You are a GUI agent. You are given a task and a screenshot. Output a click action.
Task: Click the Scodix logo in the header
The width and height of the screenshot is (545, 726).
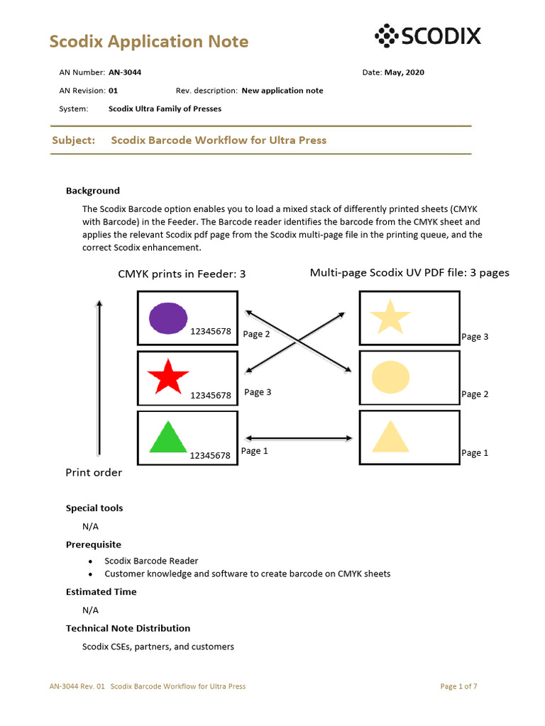(x=427, y=36)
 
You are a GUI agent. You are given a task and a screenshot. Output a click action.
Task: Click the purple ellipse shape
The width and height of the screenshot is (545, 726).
(x=168, y=318)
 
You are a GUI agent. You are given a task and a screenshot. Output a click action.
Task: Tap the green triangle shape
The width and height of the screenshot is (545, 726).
(x=167, y=438)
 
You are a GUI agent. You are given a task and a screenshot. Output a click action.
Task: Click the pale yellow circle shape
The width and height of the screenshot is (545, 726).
(x=390, y=377)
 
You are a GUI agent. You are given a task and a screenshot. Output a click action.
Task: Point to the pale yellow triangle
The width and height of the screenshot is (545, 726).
(x=390, y=437)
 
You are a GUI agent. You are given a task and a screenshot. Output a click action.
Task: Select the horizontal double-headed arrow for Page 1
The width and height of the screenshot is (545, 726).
(x=298, y=438)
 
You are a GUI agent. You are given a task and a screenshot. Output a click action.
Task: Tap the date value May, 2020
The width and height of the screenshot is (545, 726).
(x=404, y=72)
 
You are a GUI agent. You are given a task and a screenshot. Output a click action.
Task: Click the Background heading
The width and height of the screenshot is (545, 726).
(x=93, y=191)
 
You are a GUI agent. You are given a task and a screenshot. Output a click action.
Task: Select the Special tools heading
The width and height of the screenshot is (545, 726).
(x=94, y=508)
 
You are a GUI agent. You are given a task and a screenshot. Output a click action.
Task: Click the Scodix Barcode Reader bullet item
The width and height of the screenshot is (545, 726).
(x=151, y=561)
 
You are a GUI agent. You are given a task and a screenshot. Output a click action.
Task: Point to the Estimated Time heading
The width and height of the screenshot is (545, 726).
(x=101, y=592)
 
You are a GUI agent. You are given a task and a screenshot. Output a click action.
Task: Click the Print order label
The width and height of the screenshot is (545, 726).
(x=94, y=473)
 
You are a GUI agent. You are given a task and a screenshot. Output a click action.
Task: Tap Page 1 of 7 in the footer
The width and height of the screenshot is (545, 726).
(x=458, y=686)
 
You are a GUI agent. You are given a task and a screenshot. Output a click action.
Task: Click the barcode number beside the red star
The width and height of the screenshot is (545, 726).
(x=210, y=396)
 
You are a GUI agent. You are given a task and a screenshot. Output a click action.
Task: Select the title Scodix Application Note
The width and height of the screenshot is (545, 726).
(x=149, y=42)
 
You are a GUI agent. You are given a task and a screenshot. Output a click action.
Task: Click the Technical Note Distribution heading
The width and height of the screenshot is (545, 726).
(x=128, y=628)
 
